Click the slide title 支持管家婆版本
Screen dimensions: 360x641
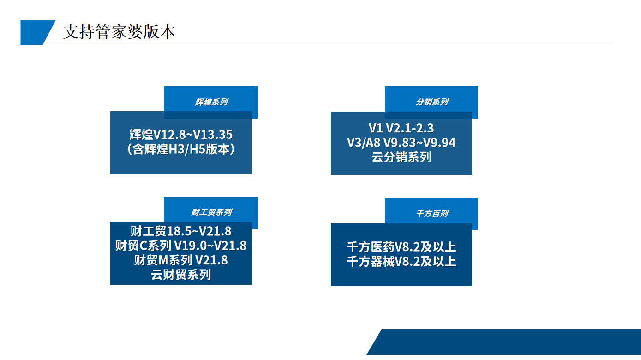point(119,32)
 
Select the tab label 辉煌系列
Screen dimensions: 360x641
point(211,102)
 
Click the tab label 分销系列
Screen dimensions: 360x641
point(431,102)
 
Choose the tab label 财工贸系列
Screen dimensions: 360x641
point(211,212)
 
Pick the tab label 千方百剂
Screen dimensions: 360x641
point(431,214)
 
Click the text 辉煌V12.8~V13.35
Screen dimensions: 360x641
point(181,135)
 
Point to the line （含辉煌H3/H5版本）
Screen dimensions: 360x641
point(181,149)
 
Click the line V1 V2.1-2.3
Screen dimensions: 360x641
point(401,128)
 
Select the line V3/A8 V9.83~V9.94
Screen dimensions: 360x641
point(401,143)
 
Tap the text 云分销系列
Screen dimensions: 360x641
point(401,157)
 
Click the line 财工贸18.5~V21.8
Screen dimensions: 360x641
point(181,231)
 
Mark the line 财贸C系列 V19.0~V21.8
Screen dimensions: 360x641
point(181,246)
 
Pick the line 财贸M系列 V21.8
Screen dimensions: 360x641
point(181,260)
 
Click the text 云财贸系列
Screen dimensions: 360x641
point(181,275)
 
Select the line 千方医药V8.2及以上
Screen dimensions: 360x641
point(401,247)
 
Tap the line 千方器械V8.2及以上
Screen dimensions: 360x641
point(401,262)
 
